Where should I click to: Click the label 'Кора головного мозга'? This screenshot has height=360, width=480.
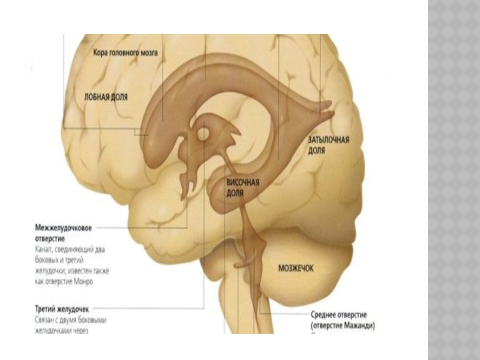click(125, 53)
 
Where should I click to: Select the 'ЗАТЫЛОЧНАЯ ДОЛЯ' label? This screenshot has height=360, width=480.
click(328, 145)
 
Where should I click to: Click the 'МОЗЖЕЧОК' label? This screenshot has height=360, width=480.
click(295, 269)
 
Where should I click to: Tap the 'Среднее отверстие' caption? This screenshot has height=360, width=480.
click(339, 315)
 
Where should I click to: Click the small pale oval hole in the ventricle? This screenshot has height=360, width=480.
click(204, 132)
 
